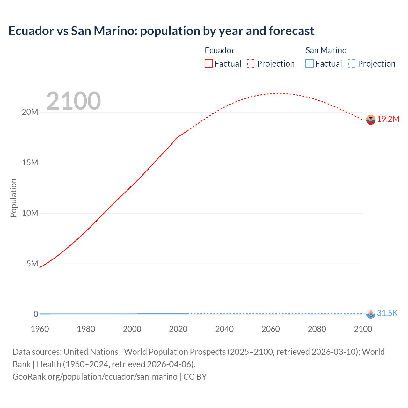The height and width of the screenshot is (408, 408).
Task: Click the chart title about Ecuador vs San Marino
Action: click(161, 31)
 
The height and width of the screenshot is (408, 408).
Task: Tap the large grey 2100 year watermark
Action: click(74, 101)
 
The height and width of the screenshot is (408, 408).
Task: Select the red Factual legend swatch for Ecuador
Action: click(208, 64)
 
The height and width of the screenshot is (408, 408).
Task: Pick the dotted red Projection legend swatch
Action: click(251, 64)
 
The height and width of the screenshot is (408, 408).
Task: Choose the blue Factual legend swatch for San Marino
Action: click(309, 64)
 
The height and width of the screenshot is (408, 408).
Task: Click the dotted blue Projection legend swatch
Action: click(352, 64)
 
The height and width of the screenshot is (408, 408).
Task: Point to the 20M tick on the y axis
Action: click(30, 112)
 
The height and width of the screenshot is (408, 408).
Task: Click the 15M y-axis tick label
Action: click(30, 163)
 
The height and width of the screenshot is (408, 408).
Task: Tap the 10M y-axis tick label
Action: click(30, 213)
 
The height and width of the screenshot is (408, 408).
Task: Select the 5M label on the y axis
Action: click(32, 264)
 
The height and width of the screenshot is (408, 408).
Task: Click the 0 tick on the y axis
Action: click(36, 314)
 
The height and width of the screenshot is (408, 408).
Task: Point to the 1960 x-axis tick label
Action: click(40, 329)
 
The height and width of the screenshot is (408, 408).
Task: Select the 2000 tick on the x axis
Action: click(132, 329)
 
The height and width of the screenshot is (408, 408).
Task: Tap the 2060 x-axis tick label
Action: click(271, 329)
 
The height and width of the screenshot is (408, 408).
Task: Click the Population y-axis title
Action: click(13, 198)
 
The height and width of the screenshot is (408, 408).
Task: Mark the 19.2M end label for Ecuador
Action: click(388, 119)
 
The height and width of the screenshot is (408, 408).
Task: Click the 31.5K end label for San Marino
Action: click(387, 313)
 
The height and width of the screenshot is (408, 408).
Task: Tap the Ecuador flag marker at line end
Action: click(371, 120)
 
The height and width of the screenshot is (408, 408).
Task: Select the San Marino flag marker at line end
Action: click(371, 314)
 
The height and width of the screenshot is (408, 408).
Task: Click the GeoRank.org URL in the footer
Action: click(95, 377)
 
